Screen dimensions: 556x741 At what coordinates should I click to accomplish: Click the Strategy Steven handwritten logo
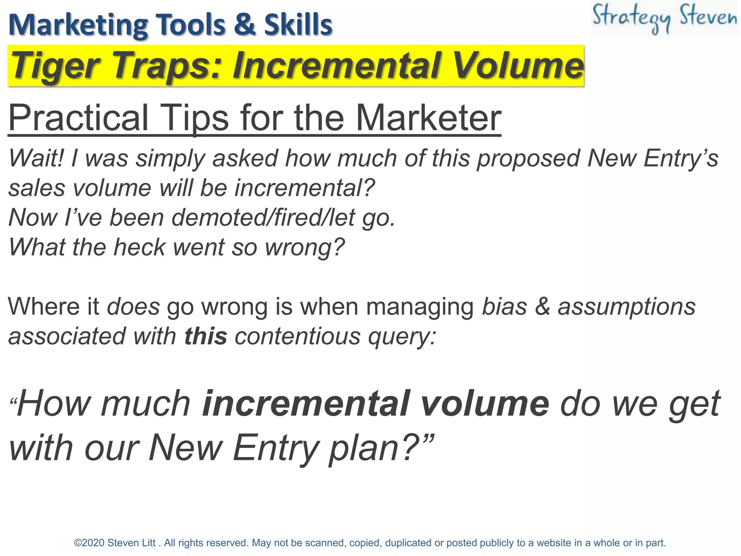(x=664, y=19)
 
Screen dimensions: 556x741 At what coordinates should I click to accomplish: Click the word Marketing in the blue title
(x=78, y=25)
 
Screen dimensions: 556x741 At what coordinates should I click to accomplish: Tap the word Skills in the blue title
(x=298, y=25)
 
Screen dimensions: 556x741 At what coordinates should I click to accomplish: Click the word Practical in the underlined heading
(x=78, y=118)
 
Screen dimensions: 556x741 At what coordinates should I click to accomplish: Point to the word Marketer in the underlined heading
(x=429, y=118)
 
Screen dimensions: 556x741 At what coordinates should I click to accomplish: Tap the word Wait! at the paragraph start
(x=36, y=159)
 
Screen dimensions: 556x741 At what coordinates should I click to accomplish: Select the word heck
(x=139, y=247)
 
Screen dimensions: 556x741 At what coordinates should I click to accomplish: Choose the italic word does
(x=133, y=307)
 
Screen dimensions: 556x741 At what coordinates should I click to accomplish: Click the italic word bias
(x=504, y=307)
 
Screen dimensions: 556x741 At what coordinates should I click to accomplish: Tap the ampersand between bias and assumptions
(x=542, y=307)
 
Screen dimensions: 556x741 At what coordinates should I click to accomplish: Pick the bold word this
(x=206, y=336)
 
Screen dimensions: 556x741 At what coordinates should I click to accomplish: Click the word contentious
(x=297, y=336)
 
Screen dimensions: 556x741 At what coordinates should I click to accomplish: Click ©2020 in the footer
(x=89, y=543)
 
